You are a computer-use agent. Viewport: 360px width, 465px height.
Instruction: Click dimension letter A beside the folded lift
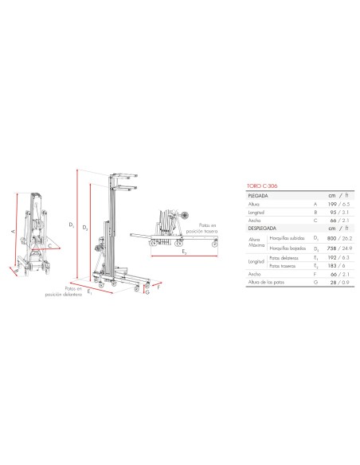pos(14,232)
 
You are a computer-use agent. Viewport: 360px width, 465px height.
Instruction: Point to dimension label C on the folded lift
pos(49,247)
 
